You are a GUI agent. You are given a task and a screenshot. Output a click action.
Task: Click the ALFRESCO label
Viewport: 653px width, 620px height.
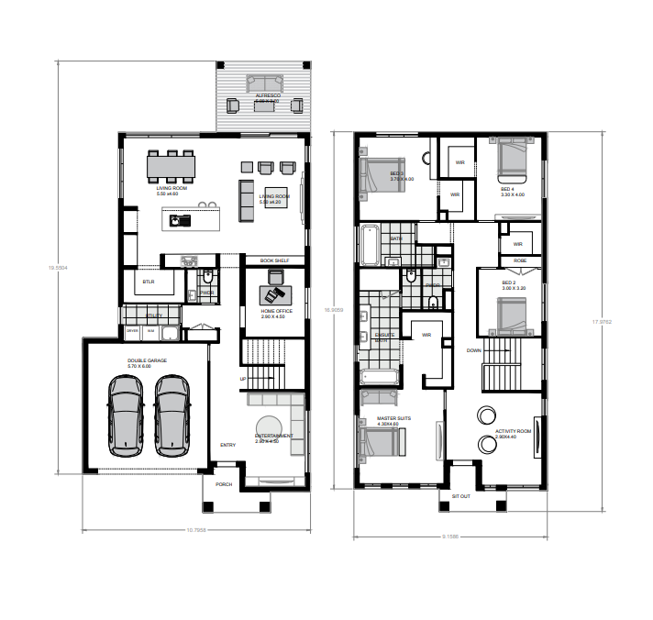268,94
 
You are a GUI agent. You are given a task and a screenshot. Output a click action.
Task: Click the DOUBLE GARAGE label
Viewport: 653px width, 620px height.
147,361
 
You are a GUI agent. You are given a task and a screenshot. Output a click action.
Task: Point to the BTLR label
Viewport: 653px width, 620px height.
149,282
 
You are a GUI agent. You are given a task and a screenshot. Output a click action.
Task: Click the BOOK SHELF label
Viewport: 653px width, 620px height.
274,260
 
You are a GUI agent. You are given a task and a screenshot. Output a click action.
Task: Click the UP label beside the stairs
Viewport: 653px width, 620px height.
243,378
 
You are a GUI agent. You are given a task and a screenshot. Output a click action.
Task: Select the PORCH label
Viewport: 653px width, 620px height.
224,484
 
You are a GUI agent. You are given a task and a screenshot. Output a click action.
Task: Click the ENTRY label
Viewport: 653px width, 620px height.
227,446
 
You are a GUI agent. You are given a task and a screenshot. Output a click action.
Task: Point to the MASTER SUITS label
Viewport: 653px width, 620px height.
393,418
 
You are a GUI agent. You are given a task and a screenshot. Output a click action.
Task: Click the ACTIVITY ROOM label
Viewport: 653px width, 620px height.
513,430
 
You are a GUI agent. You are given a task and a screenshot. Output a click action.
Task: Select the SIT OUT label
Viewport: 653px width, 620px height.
460,496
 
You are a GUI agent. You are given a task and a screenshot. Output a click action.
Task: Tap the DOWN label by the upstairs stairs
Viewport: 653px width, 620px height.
473,350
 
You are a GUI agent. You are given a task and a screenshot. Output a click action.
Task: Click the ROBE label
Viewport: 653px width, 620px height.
520,260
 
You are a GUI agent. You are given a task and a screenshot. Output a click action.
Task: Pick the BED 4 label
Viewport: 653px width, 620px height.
512,189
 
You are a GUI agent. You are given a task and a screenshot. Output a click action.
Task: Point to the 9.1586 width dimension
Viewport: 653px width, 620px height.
451,536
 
